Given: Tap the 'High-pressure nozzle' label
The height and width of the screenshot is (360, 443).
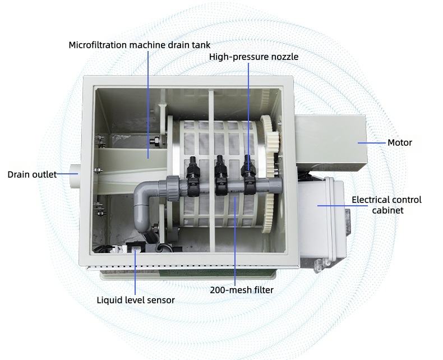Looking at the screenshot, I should tap(253, 57).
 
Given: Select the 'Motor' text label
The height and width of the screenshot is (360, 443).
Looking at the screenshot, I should tap(400, 142).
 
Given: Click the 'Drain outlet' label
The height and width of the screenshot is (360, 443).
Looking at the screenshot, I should tap(32, 174).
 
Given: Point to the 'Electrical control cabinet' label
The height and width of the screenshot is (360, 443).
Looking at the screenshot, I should tap(386, 205).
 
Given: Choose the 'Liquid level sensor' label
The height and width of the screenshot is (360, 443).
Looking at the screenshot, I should tap(136, 300).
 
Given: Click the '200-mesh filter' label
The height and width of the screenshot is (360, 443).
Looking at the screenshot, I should tap(242, 290).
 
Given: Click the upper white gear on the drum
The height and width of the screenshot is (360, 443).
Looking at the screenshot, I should tap(270, 141).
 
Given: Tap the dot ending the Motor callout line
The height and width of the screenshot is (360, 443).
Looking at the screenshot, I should tap(358, 142).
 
